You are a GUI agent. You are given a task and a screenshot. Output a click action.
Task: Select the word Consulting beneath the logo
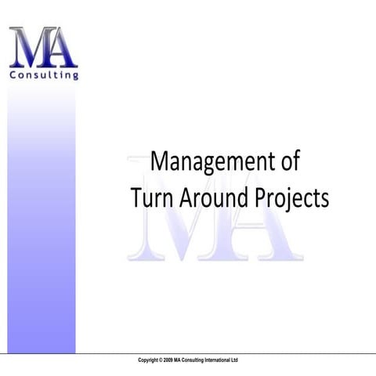coord(43,76)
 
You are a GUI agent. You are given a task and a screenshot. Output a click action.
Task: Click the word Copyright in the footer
coord(150,360)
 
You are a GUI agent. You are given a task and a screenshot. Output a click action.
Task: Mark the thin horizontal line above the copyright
coord(235,353)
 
